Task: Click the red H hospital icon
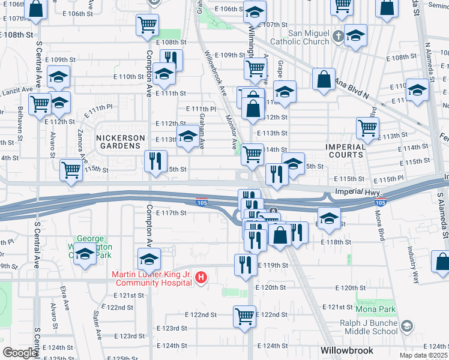tap(202, 277)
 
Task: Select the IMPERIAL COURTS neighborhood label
tap(345, 151)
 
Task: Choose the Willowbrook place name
tap(347, 350)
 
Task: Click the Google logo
tap(20, 353)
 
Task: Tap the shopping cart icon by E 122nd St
tap(244, 315)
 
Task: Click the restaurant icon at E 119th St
tap(244, 265)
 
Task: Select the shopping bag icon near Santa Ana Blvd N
tap(324, 80)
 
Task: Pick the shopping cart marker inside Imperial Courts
tap(367, 127)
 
